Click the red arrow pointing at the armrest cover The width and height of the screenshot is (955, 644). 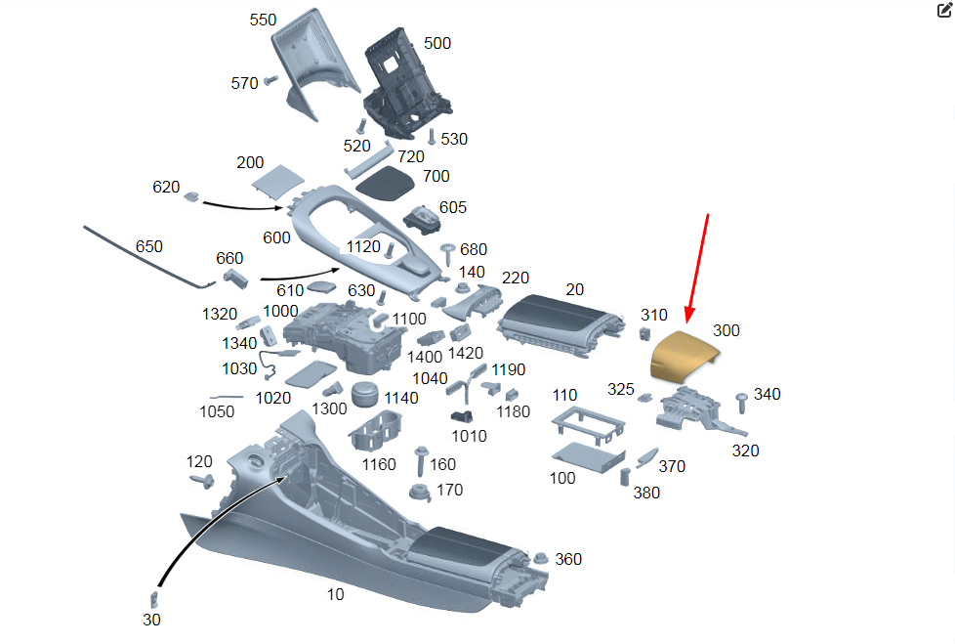click(697, 268)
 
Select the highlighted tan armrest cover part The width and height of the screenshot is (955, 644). click(681, 353)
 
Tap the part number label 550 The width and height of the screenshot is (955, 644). click(263, 21)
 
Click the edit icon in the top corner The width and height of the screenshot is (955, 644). click(943, 12)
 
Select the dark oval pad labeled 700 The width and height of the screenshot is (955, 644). click(384, 180)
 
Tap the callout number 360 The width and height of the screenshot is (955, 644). click(568, 559)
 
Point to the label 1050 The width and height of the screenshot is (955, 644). click(217, 411)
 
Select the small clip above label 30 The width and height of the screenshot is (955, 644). click(153, 598)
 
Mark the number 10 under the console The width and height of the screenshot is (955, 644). click(335, 593)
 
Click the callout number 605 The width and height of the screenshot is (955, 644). click(452, 207)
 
